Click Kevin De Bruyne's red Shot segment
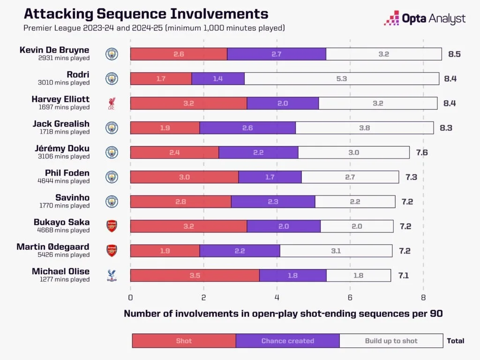click(179, 54)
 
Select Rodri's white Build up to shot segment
click(341, 78)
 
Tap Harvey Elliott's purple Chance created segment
click(283, 103)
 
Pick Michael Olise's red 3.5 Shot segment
click(195, 275)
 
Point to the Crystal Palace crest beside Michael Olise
click(112, 275)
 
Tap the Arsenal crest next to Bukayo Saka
click(112, 226)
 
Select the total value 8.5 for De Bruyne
click(454, 54)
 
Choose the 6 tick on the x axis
click(350, 297)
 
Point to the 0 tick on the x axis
click(130, 297)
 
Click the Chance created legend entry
click(287, 341)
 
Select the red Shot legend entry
click(184, 341)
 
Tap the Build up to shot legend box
click(391, 341)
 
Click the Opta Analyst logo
click(425, 19)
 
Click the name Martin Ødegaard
click(53, 247)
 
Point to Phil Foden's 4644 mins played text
click(64, 181)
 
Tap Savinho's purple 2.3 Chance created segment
click(273, 202)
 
